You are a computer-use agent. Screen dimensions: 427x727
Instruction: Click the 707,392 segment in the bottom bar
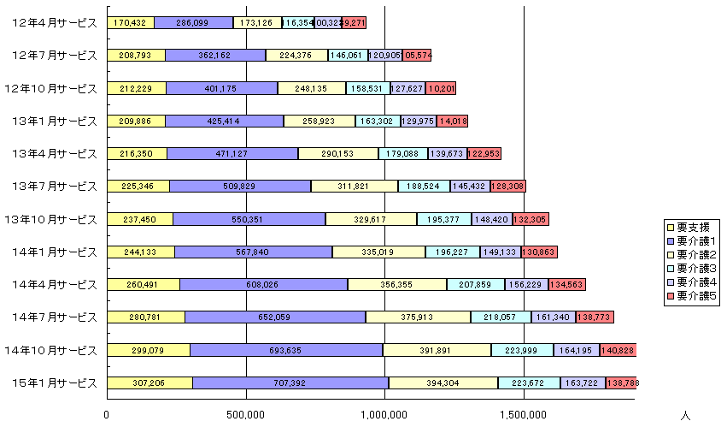290,383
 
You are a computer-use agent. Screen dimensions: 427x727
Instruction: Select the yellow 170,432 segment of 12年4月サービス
131,23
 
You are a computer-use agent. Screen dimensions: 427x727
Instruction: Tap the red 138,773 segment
595,317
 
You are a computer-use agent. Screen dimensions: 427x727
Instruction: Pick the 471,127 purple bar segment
232,153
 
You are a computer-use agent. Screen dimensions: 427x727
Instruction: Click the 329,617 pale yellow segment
371,219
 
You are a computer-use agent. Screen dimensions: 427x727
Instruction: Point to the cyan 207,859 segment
475,284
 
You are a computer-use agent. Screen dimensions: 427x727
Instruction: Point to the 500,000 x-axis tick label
246,415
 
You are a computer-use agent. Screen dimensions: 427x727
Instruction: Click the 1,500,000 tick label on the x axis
523,415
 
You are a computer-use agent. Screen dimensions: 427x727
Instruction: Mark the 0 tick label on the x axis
108,415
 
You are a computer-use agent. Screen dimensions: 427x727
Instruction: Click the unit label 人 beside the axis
686,415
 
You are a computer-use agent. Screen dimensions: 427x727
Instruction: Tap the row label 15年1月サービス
55,383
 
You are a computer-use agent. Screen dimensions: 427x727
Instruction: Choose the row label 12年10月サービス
50,88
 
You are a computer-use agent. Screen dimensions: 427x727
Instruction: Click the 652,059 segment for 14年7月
275,317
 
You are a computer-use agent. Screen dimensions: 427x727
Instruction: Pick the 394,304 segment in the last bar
443,383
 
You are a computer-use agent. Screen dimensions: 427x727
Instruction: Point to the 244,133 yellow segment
141,252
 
